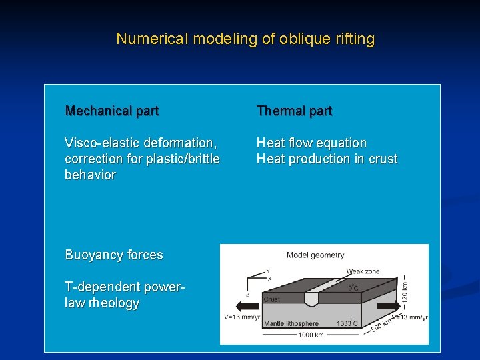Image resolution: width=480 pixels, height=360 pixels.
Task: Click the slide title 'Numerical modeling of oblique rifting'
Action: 245,39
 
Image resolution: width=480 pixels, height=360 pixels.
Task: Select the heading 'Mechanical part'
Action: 112,111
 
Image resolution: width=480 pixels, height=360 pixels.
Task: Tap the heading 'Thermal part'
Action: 294,111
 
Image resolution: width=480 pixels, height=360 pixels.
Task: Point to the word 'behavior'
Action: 90,175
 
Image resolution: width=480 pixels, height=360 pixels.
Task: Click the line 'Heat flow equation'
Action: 311,143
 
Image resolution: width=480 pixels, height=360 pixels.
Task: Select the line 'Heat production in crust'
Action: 327,159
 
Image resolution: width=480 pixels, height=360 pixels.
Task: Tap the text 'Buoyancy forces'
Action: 114,255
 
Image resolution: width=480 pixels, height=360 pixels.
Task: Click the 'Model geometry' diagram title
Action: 315,255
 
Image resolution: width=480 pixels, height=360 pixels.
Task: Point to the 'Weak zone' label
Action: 363,271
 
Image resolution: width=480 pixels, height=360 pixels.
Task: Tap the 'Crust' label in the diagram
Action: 272,299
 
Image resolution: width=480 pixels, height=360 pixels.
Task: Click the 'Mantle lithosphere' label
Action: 291,323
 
